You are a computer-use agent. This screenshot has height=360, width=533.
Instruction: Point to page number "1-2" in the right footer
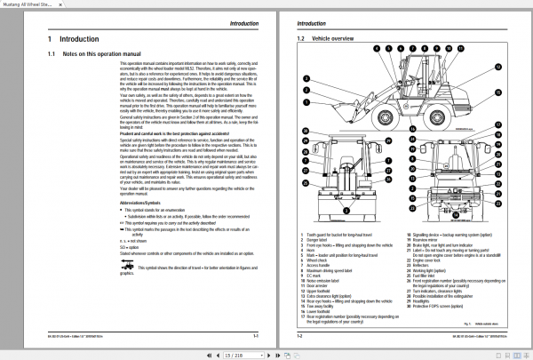(x=300, y=337)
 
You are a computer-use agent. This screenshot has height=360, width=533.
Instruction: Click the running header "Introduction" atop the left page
(x=238, y=22)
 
